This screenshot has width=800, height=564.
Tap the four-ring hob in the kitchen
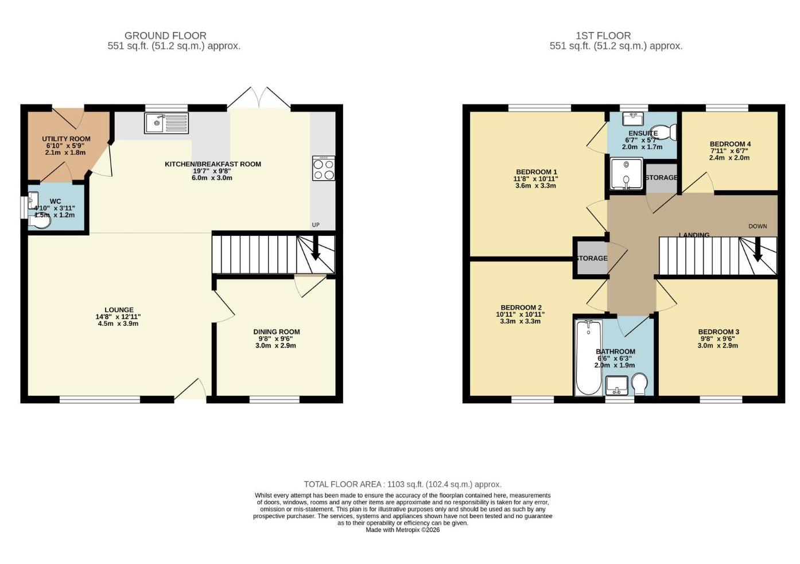tap(324, 168)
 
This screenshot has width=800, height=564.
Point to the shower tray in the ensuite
tap(626, 174)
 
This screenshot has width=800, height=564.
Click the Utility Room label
tap(66, 139)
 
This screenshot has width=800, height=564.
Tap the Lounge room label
tap(119, 310)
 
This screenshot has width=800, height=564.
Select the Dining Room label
tap(277, 332)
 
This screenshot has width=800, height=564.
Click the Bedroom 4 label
tap(730, 144)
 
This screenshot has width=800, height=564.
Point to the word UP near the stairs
tap(316, 225)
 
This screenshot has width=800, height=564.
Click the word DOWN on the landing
tap(758, 226)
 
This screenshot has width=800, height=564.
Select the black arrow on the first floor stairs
tap(758, 251)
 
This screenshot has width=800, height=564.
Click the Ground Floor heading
tap(165, 36)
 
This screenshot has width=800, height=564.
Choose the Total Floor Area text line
tap(402, 484)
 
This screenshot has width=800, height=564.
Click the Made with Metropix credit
tap(402, 530)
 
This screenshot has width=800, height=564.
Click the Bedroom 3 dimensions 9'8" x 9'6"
tap(718, 339)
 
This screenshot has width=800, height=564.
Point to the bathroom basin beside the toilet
tap(617, 384)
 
